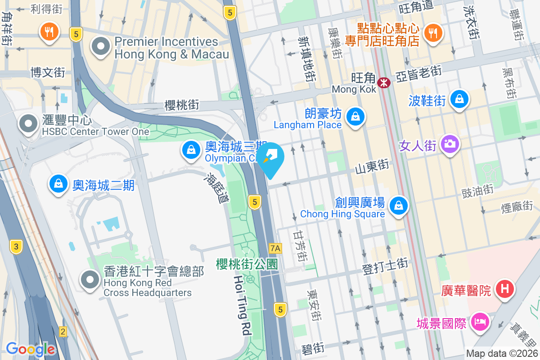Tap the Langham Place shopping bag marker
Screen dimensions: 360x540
point(355,117)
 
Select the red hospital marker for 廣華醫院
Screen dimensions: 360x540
point(504,288)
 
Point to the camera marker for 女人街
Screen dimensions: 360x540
point(450,144)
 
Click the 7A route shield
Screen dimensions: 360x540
point(275,248)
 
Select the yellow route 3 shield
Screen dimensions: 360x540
point(16,246)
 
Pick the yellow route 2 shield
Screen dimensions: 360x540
point(63,332)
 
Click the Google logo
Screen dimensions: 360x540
point(30,349)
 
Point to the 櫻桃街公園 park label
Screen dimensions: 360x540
point(247,264)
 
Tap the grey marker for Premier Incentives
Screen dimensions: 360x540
point(101,46)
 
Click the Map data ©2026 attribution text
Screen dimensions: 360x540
point(502,354)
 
